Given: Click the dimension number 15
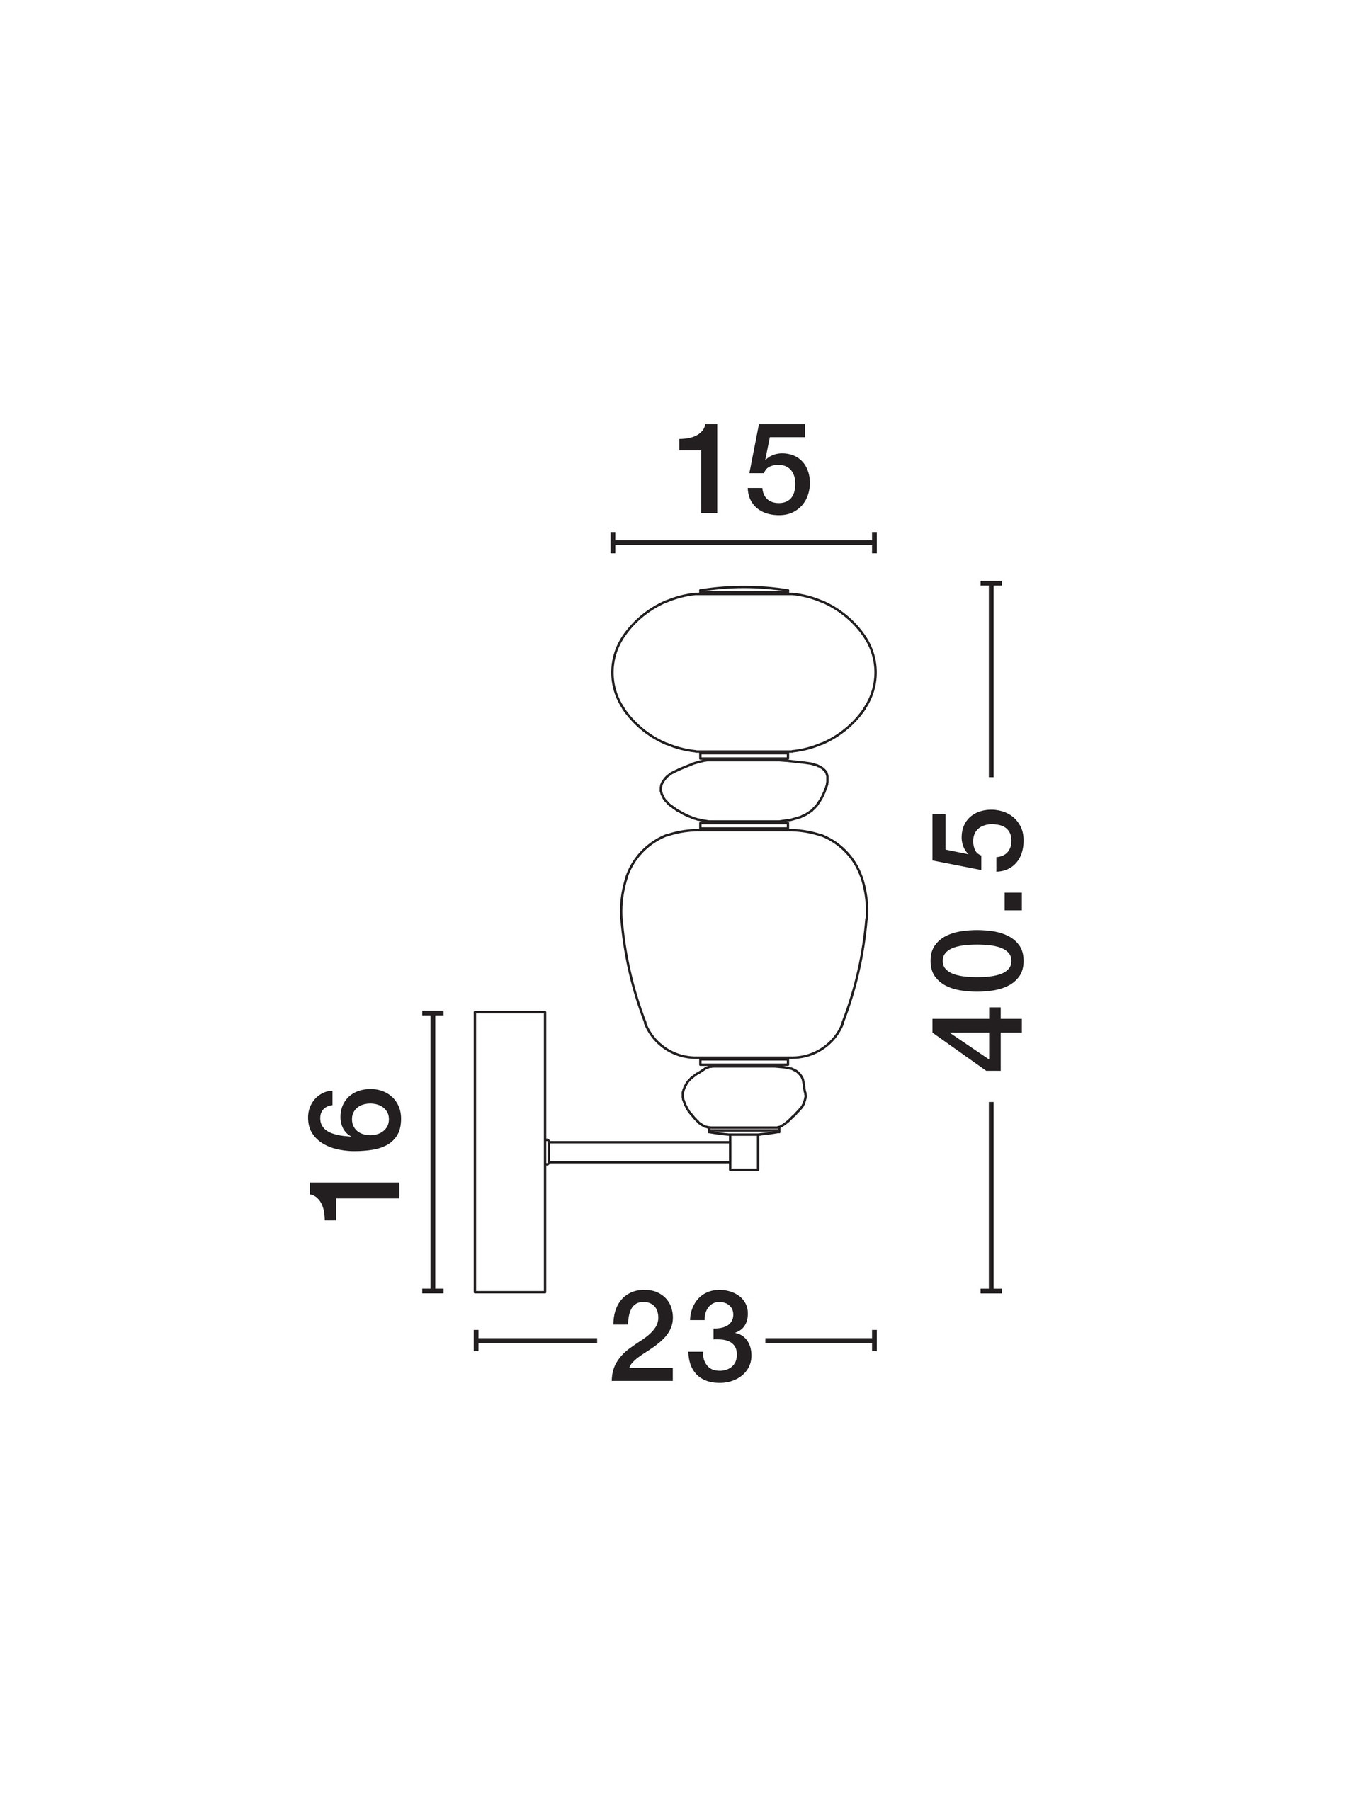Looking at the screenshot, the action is point(744,470).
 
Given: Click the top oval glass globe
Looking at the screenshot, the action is point(744,672).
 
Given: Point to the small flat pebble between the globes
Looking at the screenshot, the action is point(744,790).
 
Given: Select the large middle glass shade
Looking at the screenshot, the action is point(744,943).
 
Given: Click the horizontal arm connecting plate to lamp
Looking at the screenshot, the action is point(640,1152).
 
